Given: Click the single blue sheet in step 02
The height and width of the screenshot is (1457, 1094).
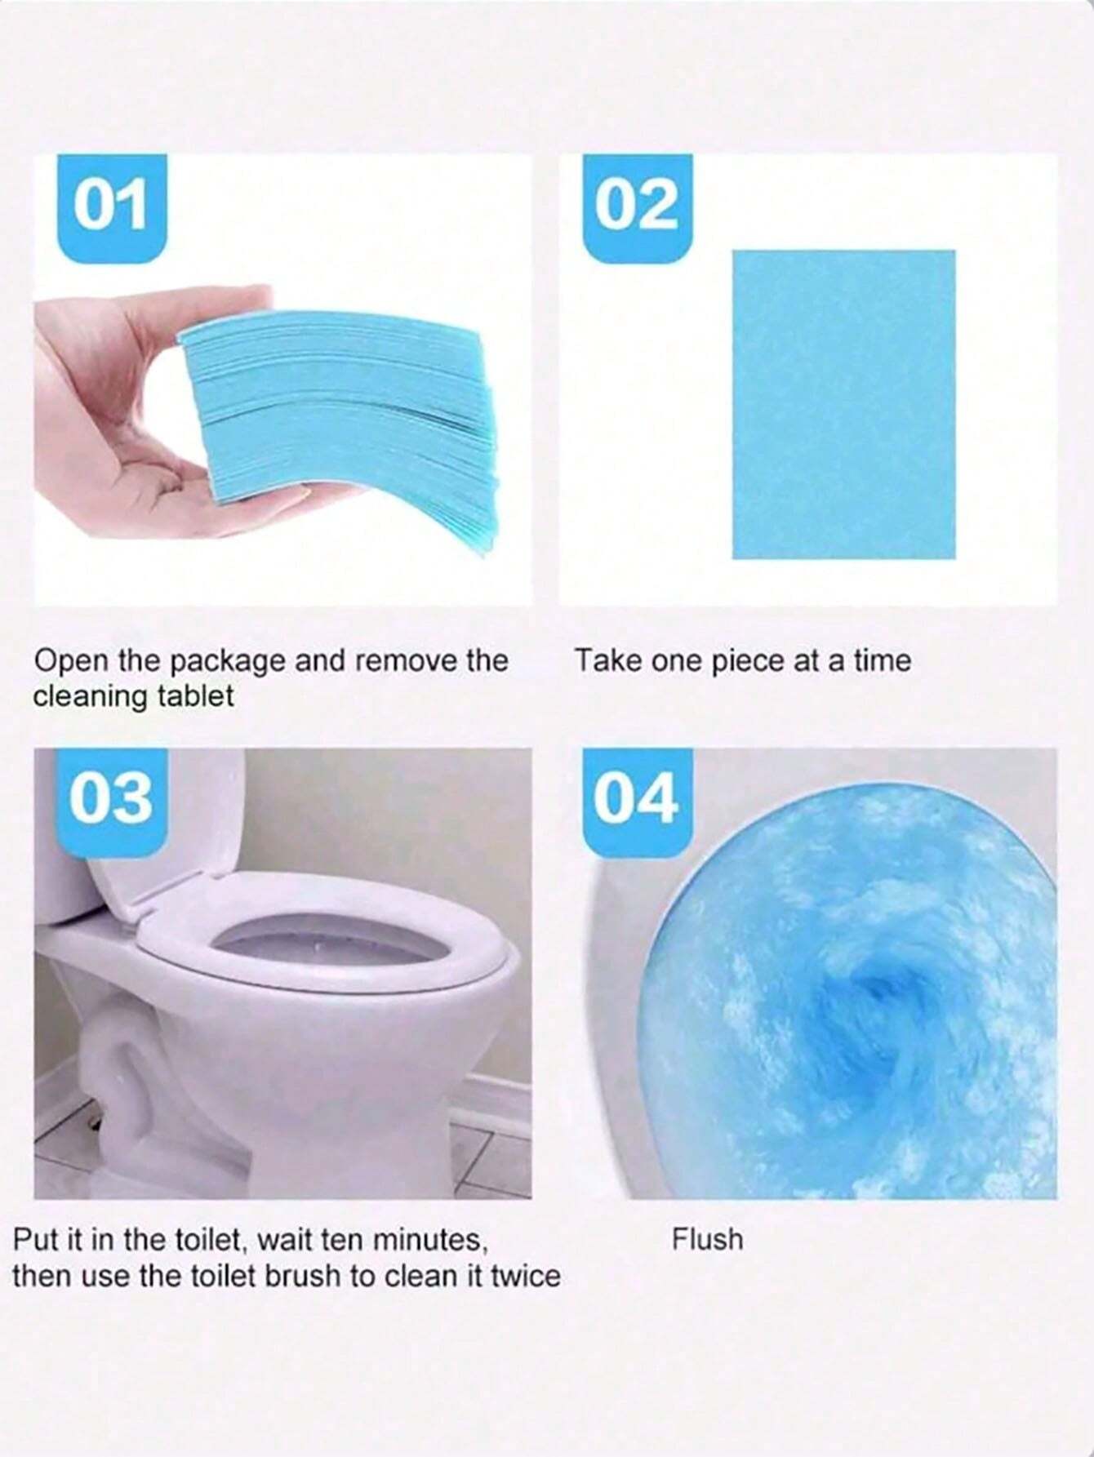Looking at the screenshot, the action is click(x=843, y=404).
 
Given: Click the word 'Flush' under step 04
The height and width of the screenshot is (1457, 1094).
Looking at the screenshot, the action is click(x=708, y=1239).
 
